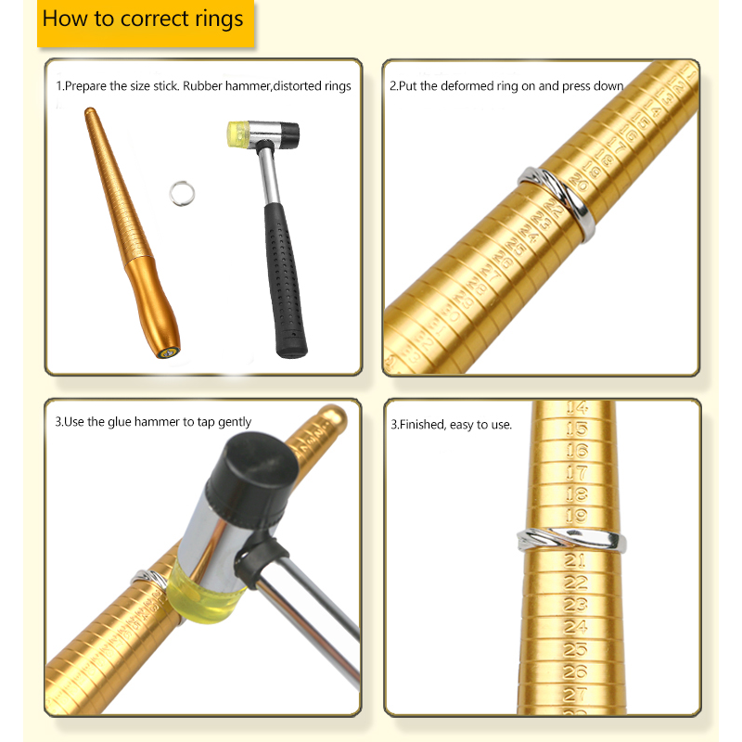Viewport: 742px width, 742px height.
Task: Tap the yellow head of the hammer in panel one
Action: [x=237, y=134]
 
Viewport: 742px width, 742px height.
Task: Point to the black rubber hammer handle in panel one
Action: [x=285, y=280]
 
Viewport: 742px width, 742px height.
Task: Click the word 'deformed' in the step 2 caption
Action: [x=467, y=86]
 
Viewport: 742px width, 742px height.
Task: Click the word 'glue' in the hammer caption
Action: [x=120, y=422]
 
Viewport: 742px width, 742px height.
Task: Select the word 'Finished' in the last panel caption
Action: [x=423, y=425]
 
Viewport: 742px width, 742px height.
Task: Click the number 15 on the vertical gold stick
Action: [x=577, y=429]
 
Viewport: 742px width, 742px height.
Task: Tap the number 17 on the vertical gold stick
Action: [x=577, y=472]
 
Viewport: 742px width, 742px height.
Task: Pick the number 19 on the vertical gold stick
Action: [x=576, y=516]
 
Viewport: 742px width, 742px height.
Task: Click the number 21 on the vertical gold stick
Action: [x=575, y=561]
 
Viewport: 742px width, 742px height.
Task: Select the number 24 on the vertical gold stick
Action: [x=575, y=627]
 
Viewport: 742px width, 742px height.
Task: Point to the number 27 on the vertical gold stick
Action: [x=575, y=695]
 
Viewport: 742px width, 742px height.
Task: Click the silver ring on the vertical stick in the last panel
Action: [x=571, y=540]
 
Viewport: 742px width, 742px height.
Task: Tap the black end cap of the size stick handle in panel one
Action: [x=168, y=352]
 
